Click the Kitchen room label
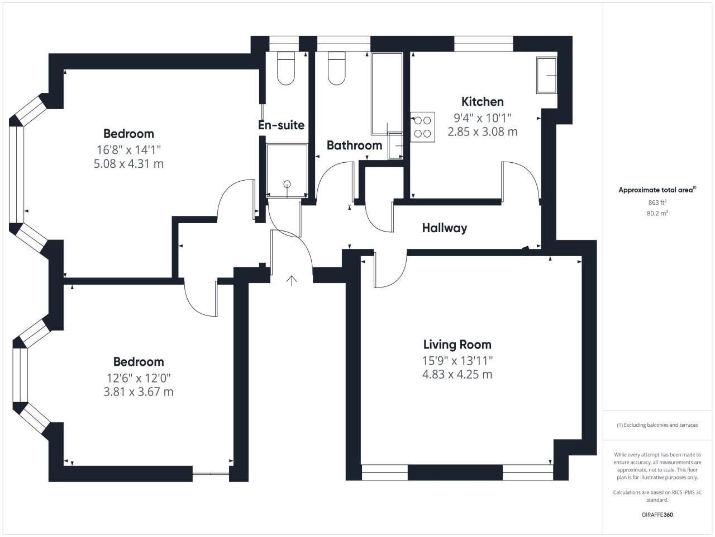(483, 102)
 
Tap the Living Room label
(457, 345)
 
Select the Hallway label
(444, 228)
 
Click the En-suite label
(281, 125)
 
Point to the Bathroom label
(354, 145)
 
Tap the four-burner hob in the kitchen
(422, 127)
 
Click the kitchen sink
(547, 76)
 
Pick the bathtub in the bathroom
(387, 93)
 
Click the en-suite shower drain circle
(287, 184)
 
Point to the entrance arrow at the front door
(292, 281)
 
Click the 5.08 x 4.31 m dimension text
(128, 163)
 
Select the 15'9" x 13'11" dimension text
(457, 361)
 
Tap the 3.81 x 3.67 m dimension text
(139, 392)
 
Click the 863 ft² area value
(657, 202)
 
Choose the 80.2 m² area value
(657, 213)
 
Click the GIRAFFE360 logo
(657, 515)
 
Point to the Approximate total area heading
(657, 190)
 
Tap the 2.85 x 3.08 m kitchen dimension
(483, 131)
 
